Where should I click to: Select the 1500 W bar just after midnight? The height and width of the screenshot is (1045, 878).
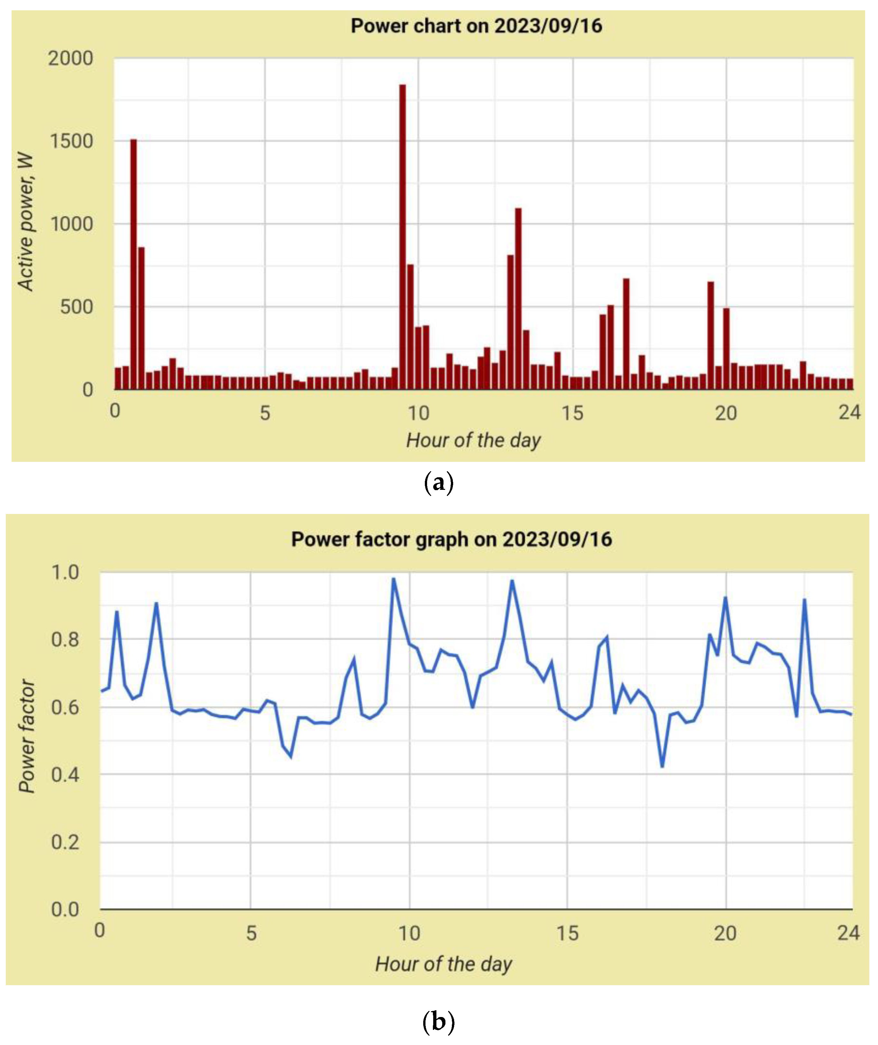[x=133, y=264]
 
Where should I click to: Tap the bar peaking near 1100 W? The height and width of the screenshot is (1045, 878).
[x=518, y=299]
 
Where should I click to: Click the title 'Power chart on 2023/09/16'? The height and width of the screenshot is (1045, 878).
[x=476, y=26]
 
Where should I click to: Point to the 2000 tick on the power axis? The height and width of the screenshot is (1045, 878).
[x=70, y=59]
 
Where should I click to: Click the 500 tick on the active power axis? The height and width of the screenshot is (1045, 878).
[x=76, y=307]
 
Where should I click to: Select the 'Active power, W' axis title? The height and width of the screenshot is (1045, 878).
[x=25, y=222]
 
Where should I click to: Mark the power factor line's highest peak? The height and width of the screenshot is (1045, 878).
[x=393, y=579]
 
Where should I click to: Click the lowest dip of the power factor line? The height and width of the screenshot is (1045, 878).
[x=662, y=766]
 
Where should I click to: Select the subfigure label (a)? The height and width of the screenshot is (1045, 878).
[x=438, y=483]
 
